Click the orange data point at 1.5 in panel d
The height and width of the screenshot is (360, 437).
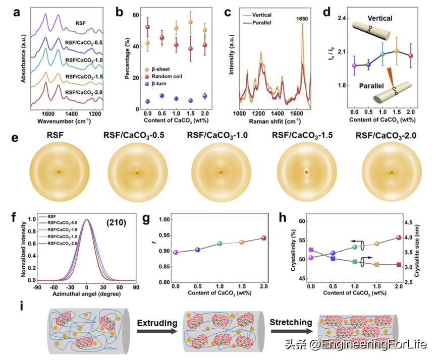click(x=397, y=51)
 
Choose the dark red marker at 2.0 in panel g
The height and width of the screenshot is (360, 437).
click(x=263, y=238)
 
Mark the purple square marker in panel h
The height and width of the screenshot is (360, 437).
click(x=311, y=250)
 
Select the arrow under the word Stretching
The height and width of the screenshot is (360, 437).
click(x=291, y=331)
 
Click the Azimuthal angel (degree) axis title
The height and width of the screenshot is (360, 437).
click(x=87, y=292)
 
